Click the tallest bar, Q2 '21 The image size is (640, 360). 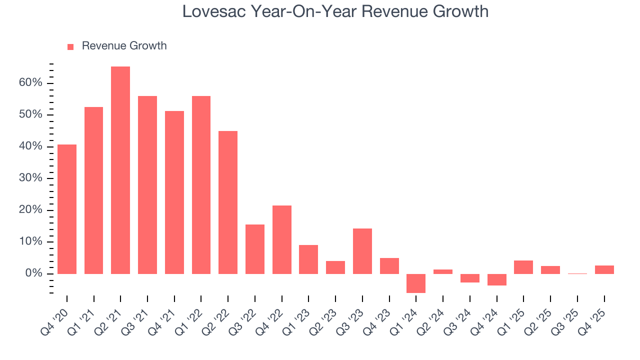point(120,170)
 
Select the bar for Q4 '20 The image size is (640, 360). point(67,209)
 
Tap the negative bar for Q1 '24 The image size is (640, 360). point(416,283)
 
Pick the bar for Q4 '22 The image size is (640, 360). point(282,239)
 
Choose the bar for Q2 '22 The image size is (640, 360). point(228,202)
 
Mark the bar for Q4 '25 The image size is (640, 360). point(604,269)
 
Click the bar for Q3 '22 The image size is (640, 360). point(255,249)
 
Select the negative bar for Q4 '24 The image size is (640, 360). point(497,279)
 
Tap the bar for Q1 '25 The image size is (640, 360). point(523,267)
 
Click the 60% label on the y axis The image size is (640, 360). point(31,83)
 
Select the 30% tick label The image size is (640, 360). point(31,178)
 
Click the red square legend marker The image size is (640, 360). point(70,46)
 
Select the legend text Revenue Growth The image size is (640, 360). point(124,46)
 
